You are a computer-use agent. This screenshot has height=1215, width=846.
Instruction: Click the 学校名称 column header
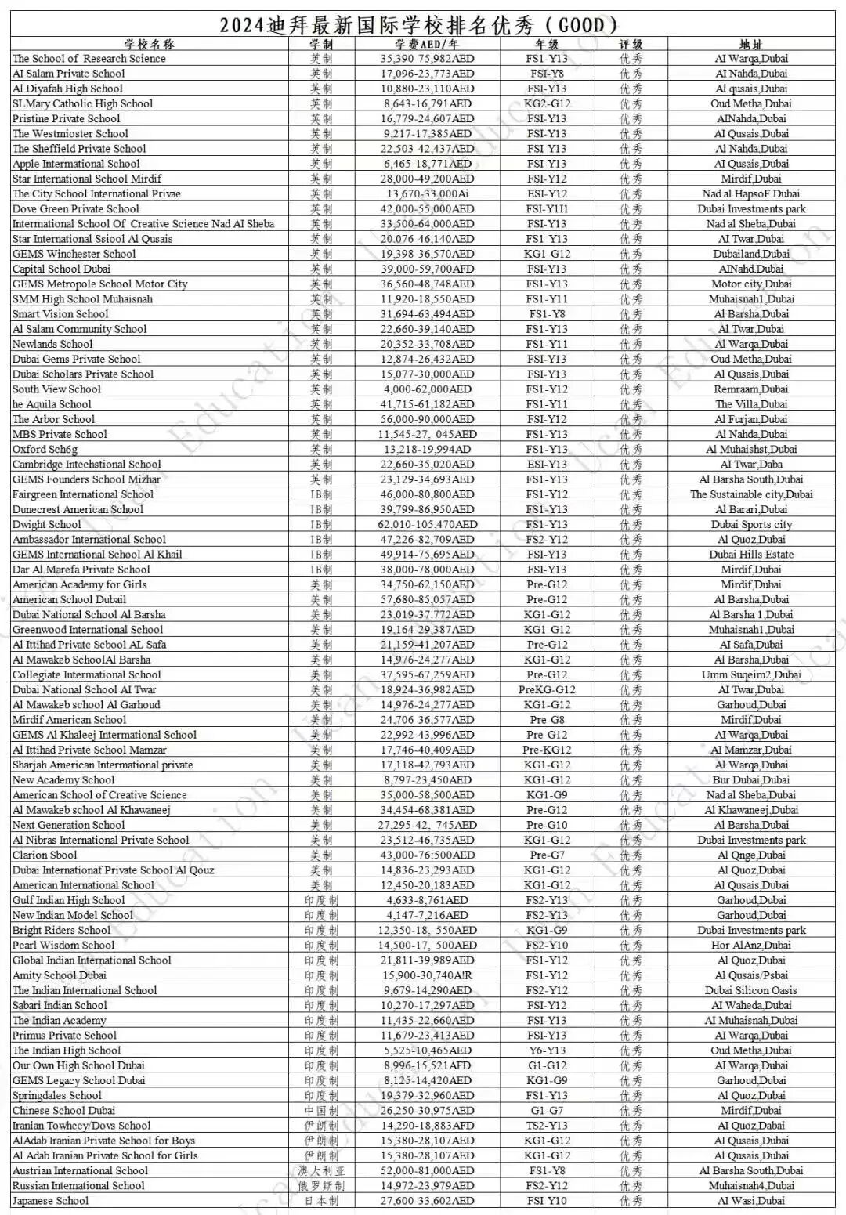click(x=149, y=44)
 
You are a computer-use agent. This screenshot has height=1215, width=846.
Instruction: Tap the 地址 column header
click(x=750, y=44)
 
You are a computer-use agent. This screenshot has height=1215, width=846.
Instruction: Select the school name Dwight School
click(x=47, y=525)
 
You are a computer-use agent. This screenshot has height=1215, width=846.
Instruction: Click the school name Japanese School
click(x=51, y=1201)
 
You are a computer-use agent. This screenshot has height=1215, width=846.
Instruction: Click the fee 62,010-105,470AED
click(x=428, y=525)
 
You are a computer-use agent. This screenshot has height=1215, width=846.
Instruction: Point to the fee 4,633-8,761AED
click(x=428, y=901)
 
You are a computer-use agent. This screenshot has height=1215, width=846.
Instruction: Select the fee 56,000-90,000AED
click(x=428, y=419)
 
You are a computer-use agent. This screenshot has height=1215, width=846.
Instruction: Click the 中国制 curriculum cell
click(x=321, y=1111)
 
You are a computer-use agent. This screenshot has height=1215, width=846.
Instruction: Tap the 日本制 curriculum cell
click(x=321, y=1201)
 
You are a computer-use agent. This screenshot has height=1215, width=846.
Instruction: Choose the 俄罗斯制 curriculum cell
click(x=321, y=1186)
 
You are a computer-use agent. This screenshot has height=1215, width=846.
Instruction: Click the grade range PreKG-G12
click(x=547, y=690)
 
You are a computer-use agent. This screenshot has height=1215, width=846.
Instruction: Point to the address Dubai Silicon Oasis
click(x=750, y=991)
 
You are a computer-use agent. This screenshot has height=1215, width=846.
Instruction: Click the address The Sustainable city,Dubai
click(x=750, y=494)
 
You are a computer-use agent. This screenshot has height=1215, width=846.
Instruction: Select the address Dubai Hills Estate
click(x=750, y=555)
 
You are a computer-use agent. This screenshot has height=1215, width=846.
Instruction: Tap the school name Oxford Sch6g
click(x=45, y=450)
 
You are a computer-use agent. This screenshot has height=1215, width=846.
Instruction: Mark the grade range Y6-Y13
click(x=547, y=1050)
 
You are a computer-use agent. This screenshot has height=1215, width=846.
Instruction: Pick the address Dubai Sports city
click(x=750, y=525)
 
